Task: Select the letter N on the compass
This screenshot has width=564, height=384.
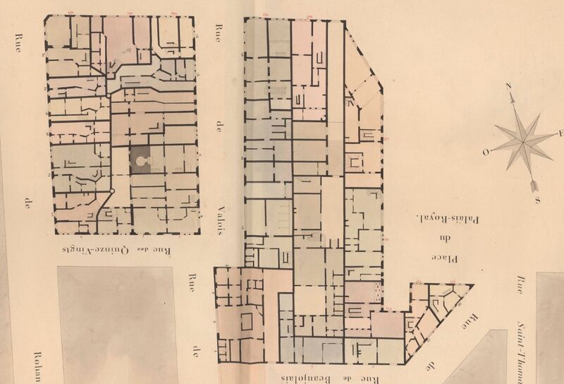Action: (507, 87)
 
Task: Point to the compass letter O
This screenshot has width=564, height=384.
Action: (485, 152)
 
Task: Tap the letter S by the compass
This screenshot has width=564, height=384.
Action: (537, 200)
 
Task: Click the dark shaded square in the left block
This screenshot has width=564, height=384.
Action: (143, 161)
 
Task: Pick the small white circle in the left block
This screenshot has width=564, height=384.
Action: (111, 191)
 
